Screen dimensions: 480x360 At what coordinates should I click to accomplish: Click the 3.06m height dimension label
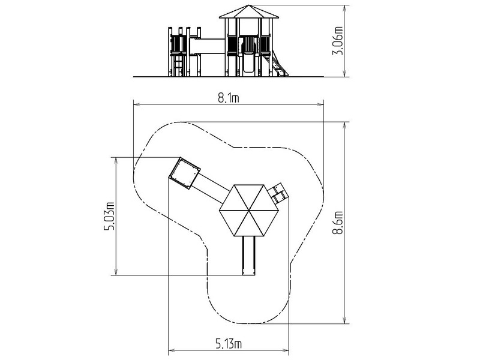pyautogui.click(x=338, y=41)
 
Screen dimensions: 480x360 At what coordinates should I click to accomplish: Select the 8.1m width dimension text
pyautogui.click(x=229, y=98)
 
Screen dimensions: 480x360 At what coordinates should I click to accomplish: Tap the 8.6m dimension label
pyautogui.click(x=338, y=223)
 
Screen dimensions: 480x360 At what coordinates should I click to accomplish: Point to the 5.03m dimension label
pyautogui.click(x=109, y=216)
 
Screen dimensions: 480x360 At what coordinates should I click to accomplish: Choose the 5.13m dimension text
pyautogui.click(x=229, y=344)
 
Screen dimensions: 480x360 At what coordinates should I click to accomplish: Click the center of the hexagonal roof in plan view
pyautogui.click(x=249, y=211)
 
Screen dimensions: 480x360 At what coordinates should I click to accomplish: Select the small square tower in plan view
pyautogui.click(x=185, y=173)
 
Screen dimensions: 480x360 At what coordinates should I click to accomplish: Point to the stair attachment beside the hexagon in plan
pyautogui.click(x=278, y=193)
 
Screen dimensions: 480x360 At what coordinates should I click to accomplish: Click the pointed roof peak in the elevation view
pyautogui.click(x=249, y=5)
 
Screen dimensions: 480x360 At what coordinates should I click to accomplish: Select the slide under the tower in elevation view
pyautogui.click(x=248, y=63)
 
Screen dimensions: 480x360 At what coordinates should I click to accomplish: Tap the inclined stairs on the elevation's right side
pyautogui.click(x=278, y=64)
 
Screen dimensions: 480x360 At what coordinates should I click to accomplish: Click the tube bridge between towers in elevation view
pyautogui.click(x=207, y=46)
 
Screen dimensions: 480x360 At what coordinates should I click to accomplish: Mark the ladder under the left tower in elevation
pyautogui.click(x=178, y=66)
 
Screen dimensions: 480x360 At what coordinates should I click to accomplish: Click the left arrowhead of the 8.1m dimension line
pyautogui.click(x=136, y=104)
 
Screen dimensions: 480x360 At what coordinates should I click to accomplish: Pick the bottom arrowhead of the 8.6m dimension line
pyautogui.click(x=345, y=320)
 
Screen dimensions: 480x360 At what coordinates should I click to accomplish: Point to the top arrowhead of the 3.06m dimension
pyautogui.click(x=345, y=8)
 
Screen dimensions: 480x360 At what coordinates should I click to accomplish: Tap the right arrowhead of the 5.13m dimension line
pyautogui.click(x=286, y=350)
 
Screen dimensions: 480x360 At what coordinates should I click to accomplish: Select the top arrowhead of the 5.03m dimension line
pyautogui.click(x=116, y=161)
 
